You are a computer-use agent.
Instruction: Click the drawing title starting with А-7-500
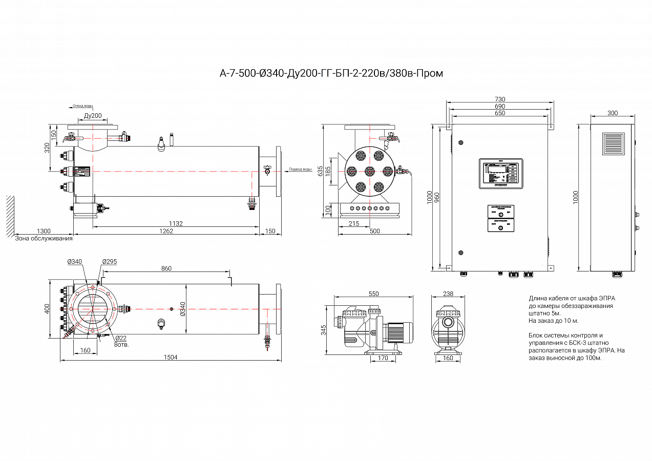click(x=331, y=73)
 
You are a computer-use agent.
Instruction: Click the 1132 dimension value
click(x=176, y=224)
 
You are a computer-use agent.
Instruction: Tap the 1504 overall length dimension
click(x=171, y=358)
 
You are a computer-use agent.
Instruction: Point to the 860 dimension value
click(x=166, y=268)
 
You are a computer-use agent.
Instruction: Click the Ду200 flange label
click(x=92, y=116)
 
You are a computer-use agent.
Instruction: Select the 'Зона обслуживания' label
click(x=44, y=238)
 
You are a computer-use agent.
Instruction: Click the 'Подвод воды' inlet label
click(x=300, y=170)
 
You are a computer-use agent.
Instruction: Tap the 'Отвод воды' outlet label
click(x=82, y=106)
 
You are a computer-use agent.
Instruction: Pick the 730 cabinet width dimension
click(x=500, y=99)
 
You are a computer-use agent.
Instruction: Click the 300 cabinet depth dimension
click(x=613, y=113)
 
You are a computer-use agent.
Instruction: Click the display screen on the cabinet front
click(x=500, y=174)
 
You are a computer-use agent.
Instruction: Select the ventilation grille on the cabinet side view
click(x=613, y=144)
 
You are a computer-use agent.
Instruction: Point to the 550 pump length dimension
click(x=373, y=294)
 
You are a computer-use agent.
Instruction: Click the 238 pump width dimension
click(x=448, y=294)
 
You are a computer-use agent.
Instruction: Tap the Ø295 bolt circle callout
click(x=110, y=262)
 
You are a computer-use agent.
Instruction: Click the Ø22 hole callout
click(x=121, y=338)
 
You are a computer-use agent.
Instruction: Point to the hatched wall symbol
click(x=10, y=215)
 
